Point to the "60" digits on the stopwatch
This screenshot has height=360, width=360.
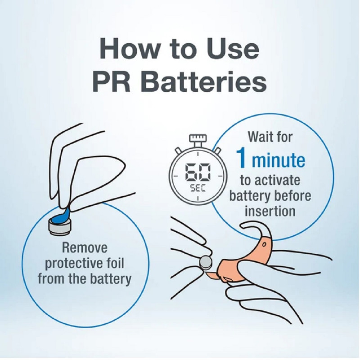point(198,172)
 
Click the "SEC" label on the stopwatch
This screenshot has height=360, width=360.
point(198,189)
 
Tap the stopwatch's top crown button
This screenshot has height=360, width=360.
point(198,139)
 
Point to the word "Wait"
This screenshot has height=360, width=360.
point(260,137)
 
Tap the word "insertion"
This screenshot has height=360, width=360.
point(270,211)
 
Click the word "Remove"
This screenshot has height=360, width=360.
point(85,248)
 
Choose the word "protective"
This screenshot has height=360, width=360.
point(73,264)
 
